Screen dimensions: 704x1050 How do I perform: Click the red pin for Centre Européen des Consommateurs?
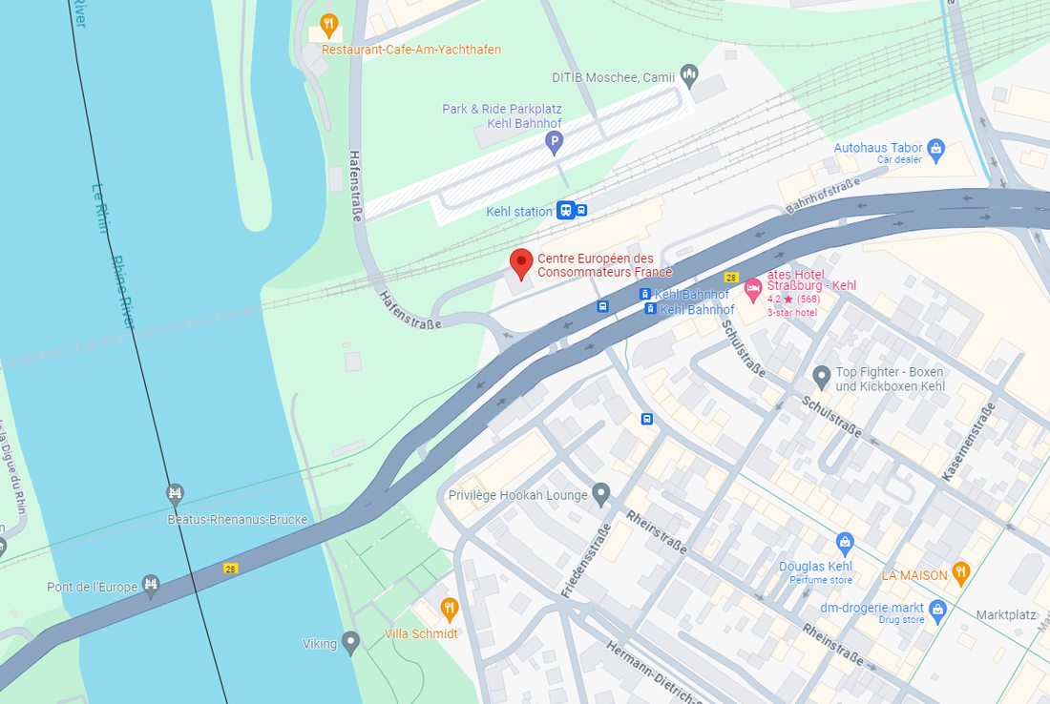point(520,261)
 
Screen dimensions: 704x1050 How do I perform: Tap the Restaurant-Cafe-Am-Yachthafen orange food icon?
point(328,25)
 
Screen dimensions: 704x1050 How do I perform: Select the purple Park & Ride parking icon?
point(553,143)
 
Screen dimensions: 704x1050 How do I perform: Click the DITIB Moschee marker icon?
point(689,75)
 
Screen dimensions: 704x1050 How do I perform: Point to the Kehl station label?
point(518,212)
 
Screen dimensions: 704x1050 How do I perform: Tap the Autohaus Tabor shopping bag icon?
point(936,148)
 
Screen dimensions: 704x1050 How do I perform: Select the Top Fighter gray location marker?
point(821,374)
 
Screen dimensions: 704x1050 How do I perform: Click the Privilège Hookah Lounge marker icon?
point(600,494)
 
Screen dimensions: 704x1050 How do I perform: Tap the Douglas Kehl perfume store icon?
point(844,544)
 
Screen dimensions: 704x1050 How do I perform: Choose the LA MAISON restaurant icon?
point(961,572)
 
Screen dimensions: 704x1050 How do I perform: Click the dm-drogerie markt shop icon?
point(937,608)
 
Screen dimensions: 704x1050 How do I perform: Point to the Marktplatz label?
point(1005,615)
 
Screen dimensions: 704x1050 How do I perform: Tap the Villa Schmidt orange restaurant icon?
point(449,608)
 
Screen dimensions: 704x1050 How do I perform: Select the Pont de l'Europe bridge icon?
point(150,584)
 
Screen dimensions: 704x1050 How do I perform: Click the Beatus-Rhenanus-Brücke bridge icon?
point(174,494)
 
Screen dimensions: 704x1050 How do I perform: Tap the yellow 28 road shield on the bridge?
point(230,569)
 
